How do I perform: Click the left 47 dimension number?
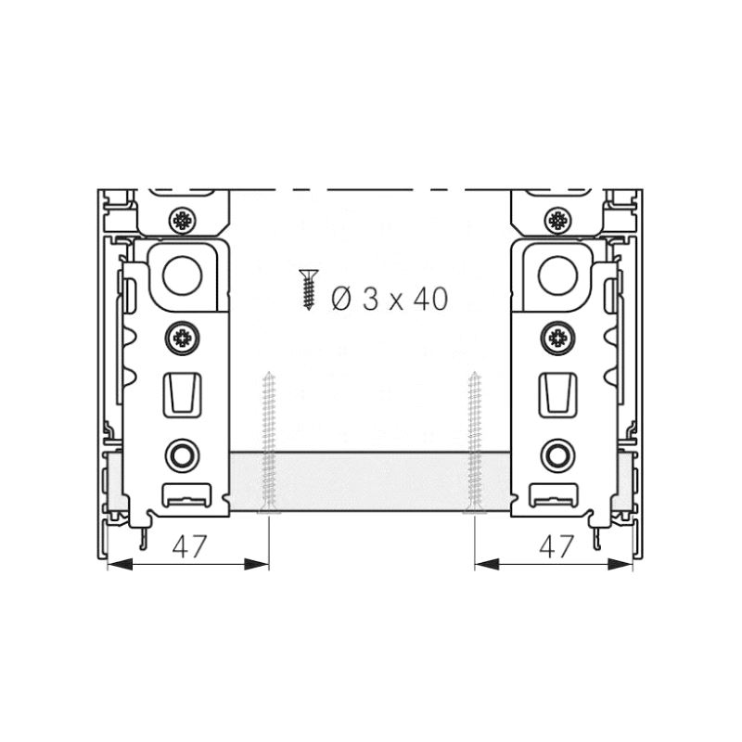click(189, 546)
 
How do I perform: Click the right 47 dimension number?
click(556, 546)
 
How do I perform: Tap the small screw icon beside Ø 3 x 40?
click(309, 289)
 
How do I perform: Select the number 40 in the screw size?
click(430, 299)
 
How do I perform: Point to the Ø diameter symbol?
click(341, 299)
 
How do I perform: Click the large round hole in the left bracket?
click(182, 275)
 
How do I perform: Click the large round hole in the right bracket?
click(558, 275)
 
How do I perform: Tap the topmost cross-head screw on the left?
click(183, 220)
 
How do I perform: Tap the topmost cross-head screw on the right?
click(558, 220)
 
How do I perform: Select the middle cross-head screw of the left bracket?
click(182, 338)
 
